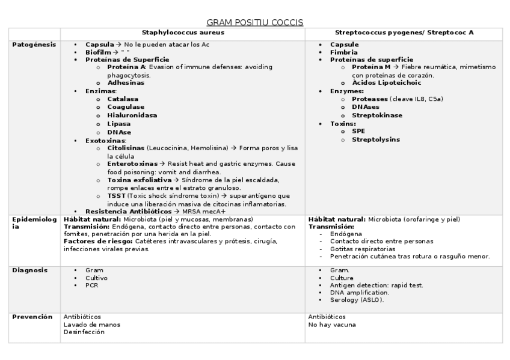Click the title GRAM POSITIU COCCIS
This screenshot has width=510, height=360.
tap(254, 22)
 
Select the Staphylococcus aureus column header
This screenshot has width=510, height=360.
tap(183, 32)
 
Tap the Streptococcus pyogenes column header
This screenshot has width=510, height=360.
tap(404, 32)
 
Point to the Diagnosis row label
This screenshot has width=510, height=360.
tap(29, 270)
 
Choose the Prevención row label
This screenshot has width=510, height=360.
tap(32, 317)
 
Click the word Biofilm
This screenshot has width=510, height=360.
tap(97, 52)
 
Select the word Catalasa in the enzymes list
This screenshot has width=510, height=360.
tap(123, 99)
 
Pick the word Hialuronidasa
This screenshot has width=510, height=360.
tap(132, 115)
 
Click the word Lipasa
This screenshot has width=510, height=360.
tap(118, 124)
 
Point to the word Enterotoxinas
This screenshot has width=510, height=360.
tap(132, 163)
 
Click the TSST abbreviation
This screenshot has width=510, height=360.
tap(117, 196)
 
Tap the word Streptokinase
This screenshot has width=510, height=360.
tap(377, 115)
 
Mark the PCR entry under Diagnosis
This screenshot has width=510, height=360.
tap(91, 285)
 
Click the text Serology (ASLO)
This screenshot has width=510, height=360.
tap(357, 300)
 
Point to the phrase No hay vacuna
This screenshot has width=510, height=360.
tap(331, 325)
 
